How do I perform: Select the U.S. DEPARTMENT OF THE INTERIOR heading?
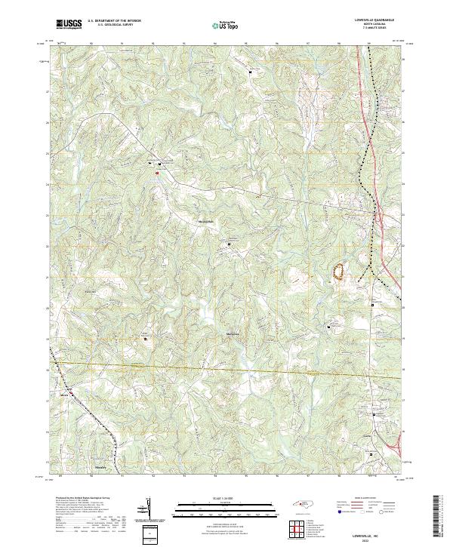pos(114,20)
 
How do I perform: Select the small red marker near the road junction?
pos(157,174)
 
